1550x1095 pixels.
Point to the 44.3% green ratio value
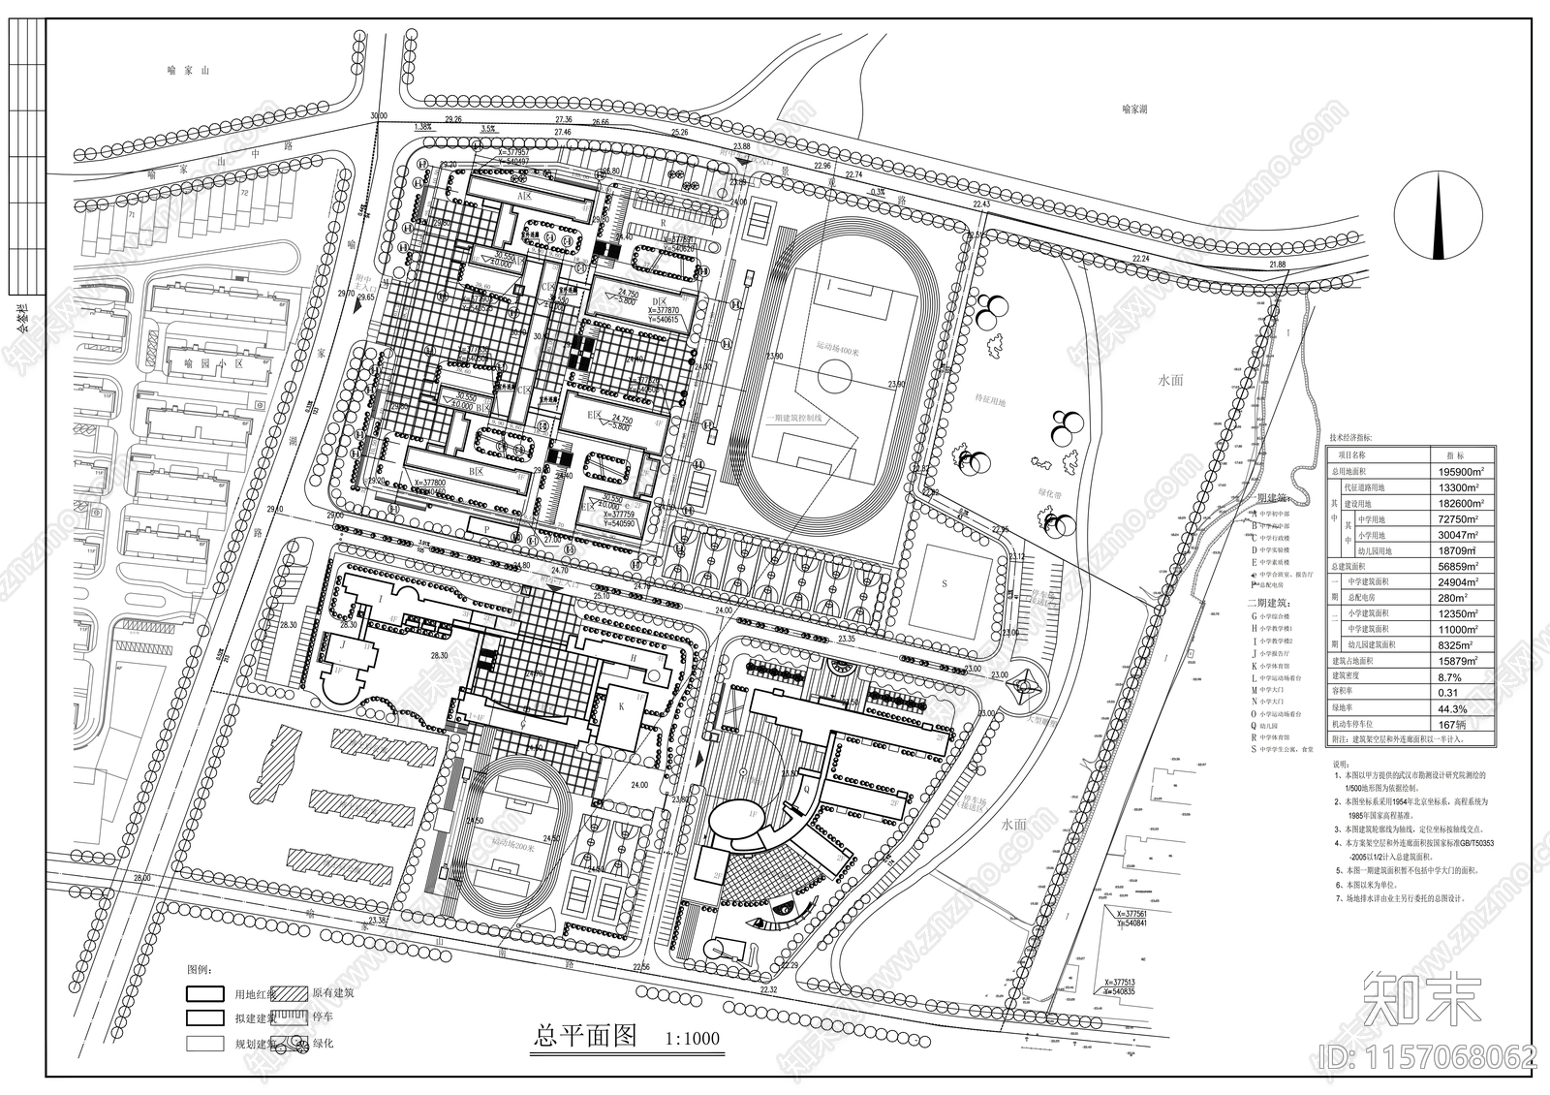[x=1454, y=707]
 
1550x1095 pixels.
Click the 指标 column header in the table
[x=1454, y=455]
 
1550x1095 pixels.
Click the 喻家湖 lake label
[x=1139, y=110]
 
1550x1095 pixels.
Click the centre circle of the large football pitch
[x=833, y=372]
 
